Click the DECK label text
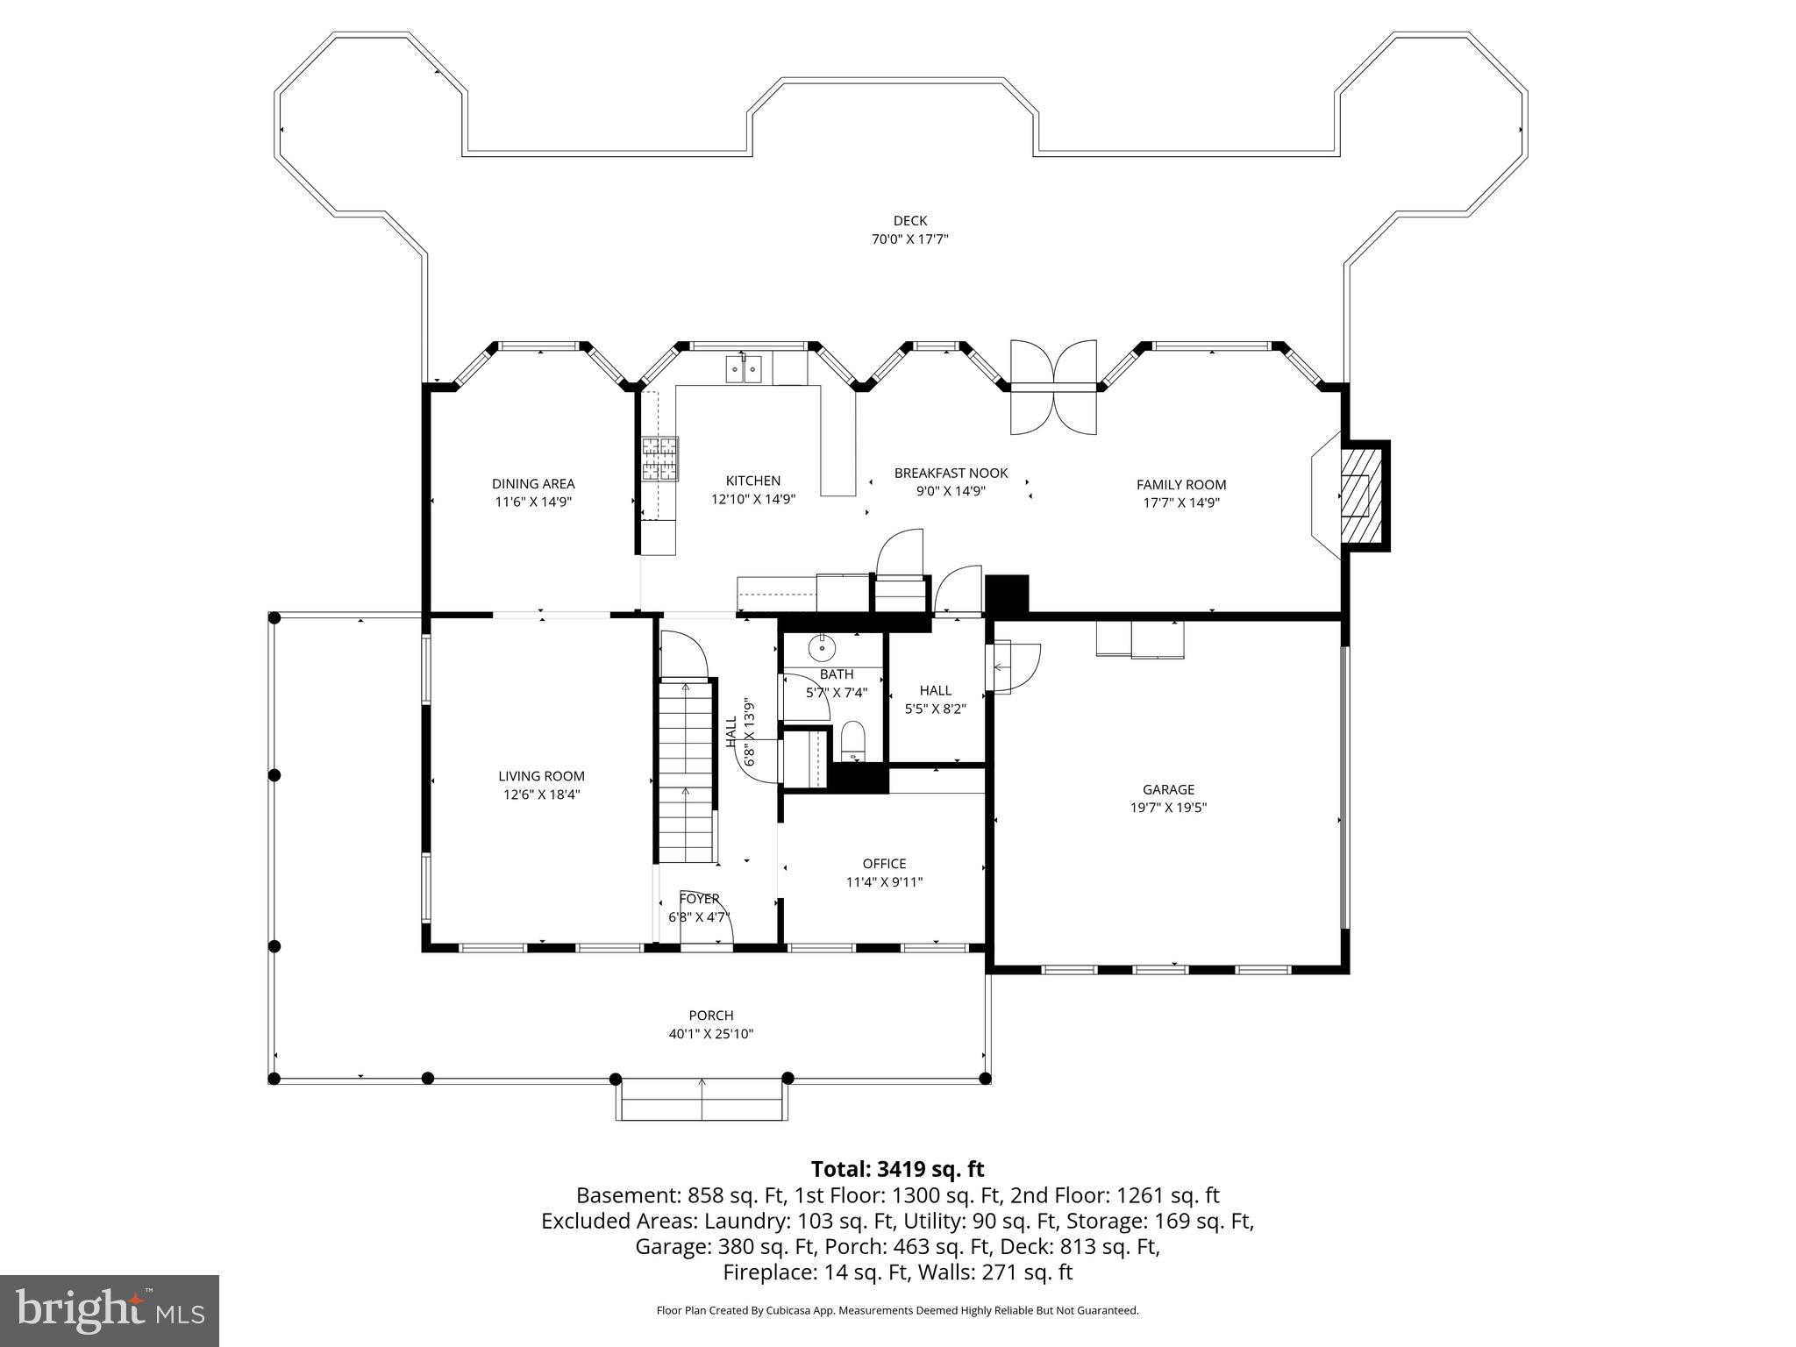909,221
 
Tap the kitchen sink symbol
744,369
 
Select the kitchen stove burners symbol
659,459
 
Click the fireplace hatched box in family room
1360,496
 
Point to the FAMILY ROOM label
1180,484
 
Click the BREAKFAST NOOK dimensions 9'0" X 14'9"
951,491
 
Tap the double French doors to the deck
1052,387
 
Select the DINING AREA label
533,483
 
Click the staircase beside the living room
686,772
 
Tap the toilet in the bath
852,742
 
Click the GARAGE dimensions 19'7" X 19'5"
1168,808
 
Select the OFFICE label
884,864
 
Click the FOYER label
699,899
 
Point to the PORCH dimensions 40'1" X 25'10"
710,1034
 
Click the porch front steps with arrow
701,1101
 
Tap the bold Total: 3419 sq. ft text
897,1169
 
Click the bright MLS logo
110,1310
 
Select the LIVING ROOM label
541,776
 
